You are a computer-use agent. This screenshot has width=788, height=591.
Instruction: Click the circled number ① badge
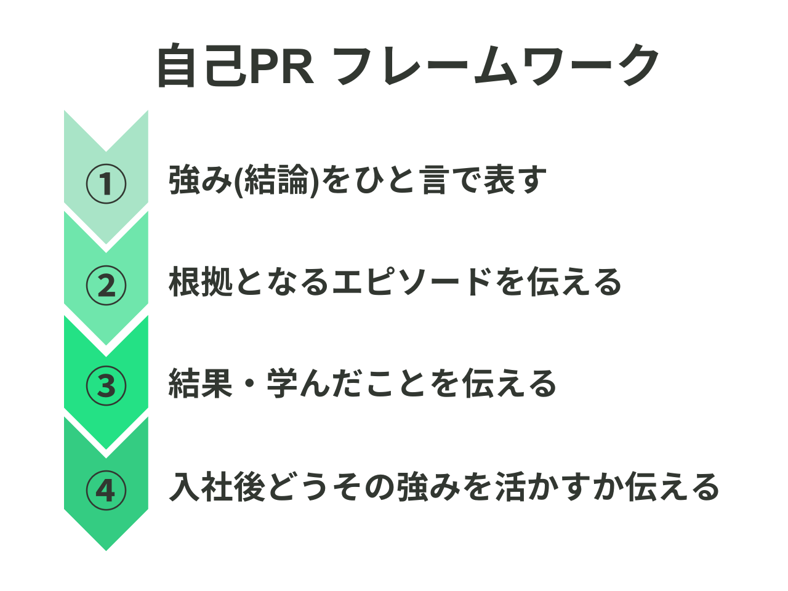click(106, 183)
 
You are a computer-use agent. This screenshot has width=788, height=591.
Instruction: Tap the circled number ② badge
click(106, 285)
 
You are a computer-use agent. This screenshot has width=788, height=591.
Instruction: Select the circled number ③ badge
click(106, 386)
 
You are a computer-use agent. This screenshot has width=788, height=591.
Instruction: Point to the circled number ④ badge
click(106, 491)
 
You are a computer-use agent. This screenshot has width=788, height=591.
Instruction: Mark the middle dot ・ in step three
click(249, 384)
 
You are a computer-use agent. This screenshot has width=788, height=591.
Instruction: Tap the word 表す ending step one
click(515, 181)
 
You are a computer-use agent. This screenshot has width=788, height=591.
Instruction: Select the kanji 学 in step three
click(282, 384)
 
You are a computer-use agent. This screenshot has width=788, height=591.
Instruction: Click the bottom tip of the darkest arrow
click(106, 549)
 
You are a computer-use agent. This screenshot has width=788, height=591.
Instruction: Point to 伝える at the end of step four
click(673, 487)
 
